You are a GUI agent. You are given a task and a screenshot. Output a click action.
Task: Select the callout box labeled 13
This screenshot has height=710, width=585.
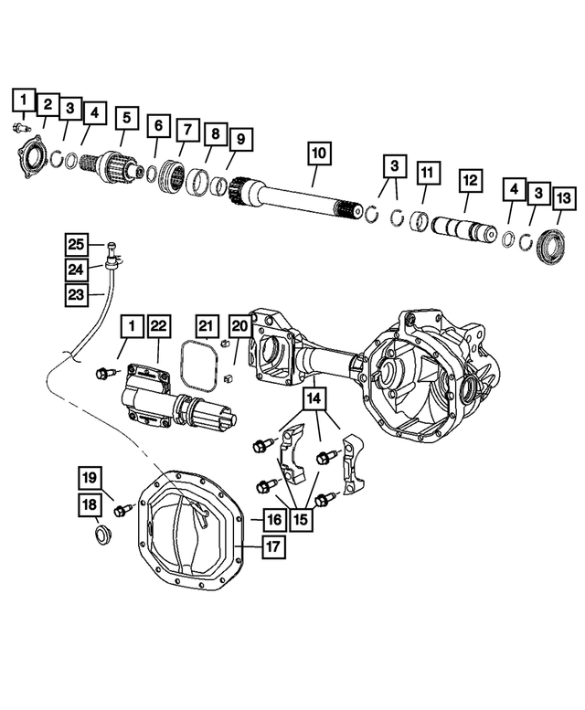point(563,197)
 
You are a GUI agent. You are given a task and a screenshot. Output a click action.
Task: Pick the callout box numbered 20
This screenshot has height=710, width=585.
point(239,326)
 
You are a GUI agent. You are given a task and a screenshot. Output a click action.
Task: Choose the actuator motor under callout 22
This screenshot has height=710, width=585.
point(174,402)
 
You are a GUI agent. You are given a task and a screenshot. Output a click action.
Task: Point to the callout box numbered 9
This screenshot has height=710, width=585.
point(240,140)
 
